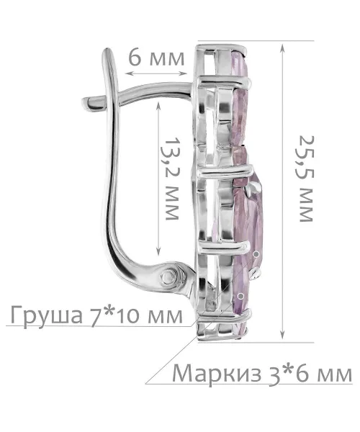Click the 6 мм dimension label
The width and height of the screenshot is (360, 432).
click(x=156, y=58)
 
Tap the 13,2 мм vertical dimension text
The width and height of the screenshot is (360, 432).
click(x=172, y=178)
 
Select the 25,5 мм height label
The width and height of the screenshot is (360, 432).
click(x=306, y=179)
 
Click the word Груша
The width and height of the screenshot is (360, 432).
click(x=46, y=316)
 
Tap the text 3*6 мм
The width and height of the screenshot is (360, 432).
click(x=310, y=373)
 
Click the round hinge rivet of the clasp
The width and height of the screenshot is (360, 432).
click(x=168, y=276)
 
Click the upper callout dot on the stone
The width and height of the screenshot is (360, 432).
click(x=256, y=253)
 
